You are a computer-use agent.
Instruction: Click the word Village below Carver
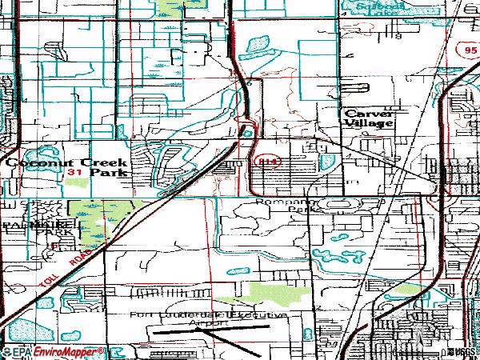pos(370,124)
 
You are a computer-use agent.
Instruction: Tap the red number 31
pos(75,172)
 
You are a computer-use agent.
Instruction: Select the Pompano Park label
pos(286,206)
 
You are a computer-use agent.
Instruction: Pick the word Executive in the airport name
pos(256,317)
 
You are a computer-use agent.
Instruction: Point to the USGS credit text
pos(462,352)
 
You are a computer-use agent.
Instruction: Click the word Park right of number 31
pos(107,172)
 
